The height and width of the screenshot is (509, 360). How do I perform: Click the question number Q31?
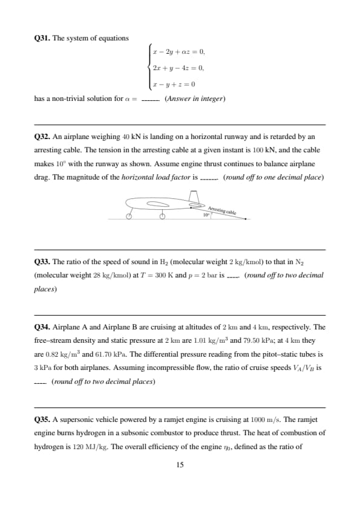[x=42, y=38]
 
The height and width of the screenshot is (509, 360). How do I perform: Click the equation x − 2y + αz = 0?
[x=179, y=52]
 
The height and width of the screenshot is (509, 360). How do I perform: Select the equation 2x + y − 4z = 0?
[x=178, y=68]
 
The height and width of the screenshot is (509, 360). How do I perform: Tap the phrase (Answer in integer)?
[x=195, y=99]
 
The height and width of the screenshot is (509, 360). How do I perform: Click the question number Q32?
[x=42, y=137]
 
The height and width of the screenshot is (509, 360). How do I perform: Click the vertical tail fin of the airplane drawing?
[x=194, y=196]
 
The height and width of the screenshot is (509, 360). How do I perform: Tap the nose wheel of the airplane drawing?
[x=129, y=216]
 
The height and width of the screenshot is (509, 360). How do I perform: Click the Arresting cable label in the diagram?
[x=222, y=210]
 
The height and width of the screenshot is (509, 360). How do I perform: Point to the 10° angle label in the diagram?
[x=206, y=215]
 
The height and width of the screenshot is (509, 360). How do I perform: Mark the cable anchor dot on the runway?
[x=246, y=219]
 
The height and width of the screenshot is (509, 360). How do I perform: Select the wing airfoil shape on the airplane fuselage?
[x=159, y=204]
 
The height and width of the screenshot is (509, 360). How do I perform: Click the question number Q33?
[x=42, y=262]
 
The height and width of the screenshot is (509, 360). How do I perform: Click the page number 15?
[x=180, y=465]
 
